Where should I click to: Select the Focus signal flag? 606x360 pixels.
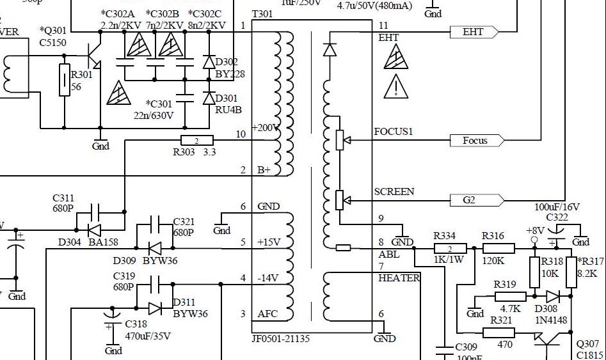[477, 141]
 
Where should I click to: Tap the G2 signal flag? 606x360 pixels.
[476, 200]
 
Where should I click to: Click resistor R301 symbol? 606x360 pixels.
[65, 80]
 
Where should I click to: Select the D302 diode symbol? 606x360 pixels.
[209, 62]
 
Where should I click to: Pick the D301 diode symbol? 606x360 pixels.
[209, 98]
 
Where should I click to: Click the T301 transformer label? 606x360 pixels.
[262, 14]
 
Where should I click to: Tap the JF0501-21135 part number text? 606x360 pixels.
[281, 339]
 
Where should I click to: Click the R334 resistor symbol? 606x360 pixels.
[450, 248]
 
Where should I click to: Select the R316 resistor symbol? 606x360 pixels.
[498, 248]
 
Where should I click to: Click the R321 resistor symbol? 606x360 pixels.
[498, 333]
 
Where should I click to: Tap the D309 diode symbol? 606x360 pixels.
[155, 247]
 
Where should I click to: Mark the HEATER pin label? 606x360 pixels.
[399, 278]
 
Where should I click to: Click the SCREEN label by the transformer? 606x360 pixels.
[394, 192]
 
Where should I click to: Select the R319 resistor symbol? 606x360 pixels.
[511, 296]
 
